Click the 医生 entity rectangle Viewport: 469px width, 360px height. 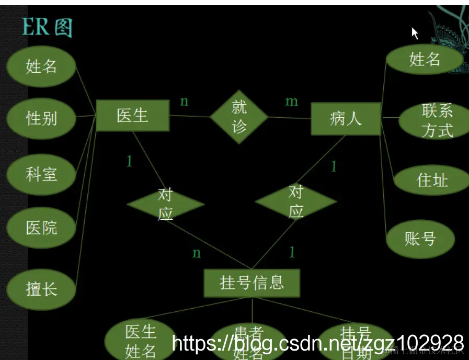(132, 116)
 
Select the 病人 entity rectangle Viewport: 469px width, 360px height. (346, 118)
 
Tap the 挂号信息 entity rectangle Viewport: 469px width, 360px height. (251, 283)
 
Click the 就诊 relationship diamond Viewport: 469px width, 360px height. (239, 117)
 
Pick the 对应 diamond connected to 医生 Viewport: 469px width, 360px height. (165, 204)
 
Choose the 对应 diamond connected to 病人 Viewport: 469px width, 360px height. (296, 201)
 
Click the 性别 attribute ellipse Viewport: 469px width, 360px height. (41, 118)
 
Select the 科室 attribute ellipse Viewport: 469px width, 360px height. (41, 174)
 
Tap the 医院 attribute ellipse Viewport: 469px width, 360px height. (41, 228)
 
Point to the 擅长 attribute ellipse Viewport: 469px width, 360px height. (41, 288)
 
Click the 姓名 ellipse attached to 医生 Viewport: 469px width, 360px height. (41, 66)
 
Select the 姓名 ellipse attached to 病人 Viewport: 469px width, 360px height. (424, 60)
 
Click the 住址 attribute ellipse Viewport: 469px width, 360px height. (432, 181)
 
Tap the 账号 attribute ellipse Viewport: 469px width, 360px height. (420, 239)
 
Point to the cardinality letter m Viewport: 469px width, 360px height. (291, 102)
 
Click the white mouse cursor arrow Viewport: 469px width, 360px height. (415, 33)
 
